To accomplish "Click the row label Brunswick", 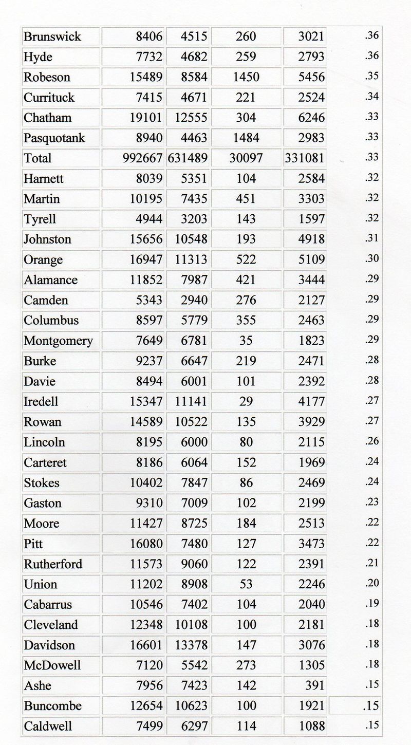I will [x=52, y=37].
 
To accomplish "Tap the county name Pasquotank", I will [x=54, y=138].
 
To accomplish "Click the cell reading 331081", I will [x=305, y=158].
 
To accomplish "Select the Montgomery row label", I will [x=58, y=341].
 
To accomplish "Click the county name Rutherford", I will [x=53, y=564].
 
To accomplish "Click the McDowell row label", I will [x=52, y=665].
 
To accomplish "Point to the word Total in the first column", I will [x=38, y=158].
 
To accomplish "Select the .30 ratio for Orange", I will [x=373, y=259].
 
